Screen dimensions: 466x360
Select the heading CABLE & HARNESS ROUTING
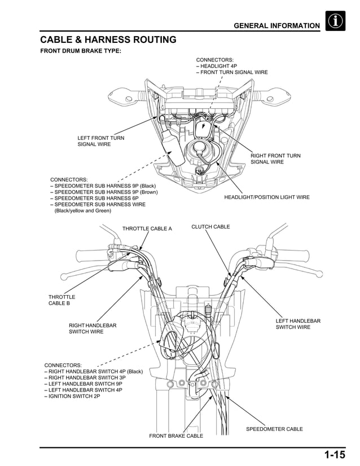[108, 39]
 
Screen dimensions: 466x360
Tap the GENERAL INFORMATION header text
[276, 26]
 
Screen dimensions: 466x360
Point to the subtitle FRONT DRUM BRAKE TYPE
[80, 51]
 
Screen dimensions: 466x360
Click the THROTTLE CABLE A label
[147, 228]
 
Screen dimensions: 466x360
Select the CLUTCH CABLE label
[210, 227]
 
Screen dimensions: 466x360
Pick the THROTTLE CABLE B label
[62, 300]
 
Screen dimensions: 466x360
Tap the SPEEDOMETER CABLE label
[274, 429]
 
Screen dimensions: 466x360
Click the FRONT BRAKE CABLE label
[175, 436]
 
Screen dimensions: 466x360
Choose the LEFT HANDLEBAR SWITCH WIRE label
[298, 324]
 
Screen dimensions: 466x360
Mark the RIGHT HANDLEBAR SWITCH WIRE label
[93, 328]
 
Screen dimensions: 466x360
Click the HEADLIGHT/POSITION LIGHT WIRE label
[266, 197]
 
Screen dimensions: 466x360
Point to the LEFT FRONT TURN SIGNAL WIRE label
[100, 141]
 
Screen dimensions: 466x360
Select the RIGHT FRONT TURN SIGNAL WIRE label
[275, 159]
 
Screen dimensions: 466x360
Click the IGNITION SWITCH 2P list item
[73, 397]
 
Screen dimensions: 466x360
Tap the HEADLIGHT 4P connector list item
[218, 66]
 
